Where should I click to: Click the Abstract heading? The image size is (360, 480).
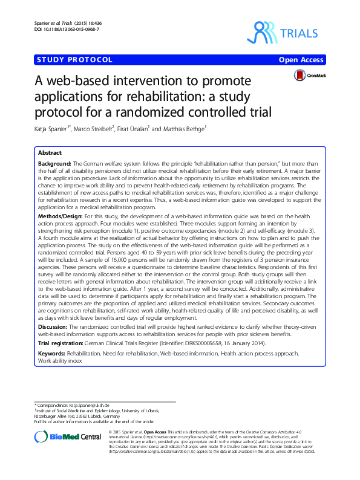pyautogui.click(x=49, y=154)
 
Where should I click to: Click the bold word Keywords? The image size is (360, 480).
pyautogui.click(x=51, y=353)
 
